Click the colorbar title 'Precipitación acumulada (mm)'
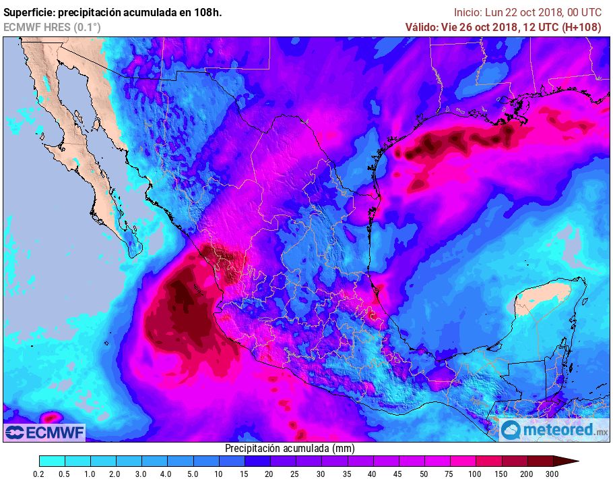point(290,448)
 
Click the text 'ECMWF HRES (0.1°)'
point(52,27)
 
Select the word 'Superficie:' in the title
point(32,12)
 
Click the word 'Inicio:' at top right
point(468,12)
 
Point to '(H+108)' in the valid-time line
point(581,27)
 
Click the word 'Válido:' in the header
point(424,27)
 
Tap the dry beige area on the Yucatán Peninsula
point(532,304)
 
